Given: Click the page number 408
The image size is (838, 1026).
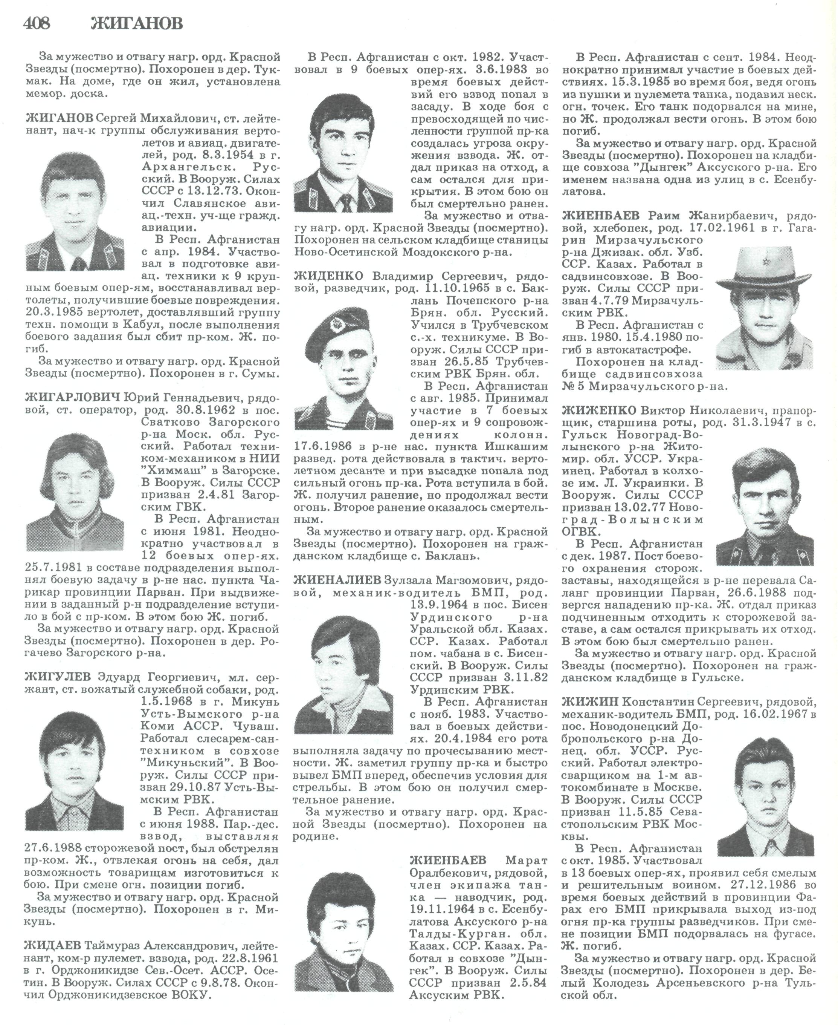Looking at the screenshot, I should (x=37, y=24).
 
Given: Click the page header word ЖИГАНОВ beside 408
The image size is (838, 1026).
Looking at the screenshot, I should (x=137, y=24).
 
